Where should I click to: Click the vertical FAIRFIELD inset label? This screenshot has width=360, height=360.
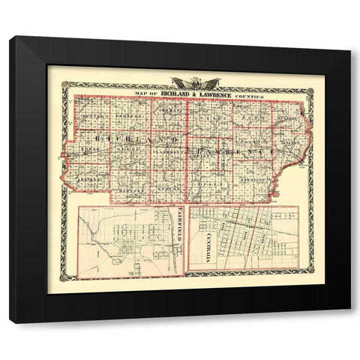click(181, 237)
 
